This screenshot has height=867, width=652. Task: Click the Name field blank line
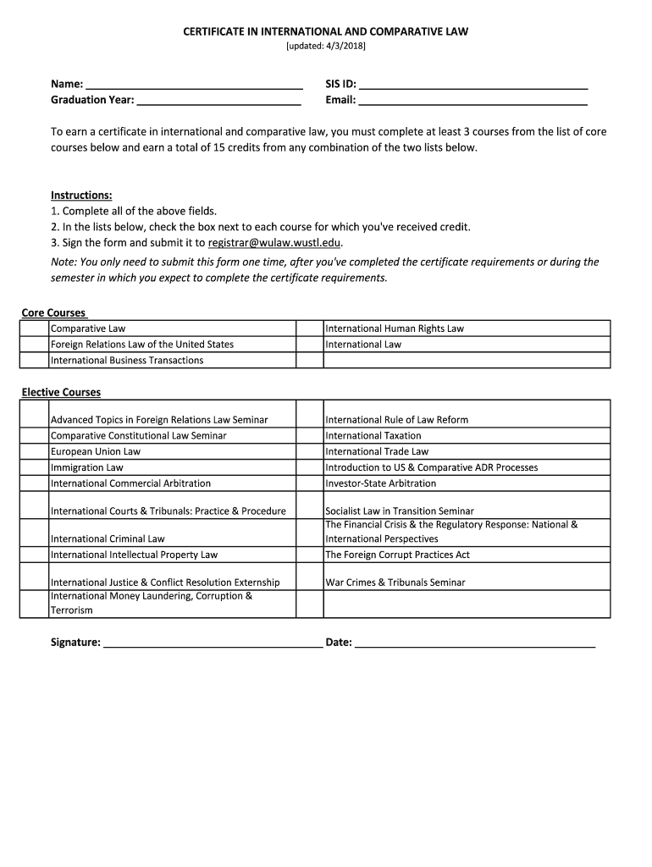(x=195, y=85)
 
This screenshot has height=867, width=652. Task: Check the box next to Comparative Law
(x=35, y=329)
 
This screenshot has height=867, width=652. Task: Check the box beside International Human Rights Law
(x=309, y=329)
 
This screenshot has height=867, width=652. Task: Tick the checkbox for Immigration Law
(x=35, y=467)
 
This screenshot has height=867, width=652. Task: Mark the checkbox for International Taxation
(x=309, y=436)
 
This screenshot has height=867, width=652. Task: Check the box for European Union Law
(x=35, y=452)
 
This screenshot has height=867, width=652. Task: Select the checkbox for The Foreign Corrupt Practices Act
(x=309, y=555)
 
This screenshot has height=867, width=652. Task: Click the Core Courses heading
(x=53, y=313)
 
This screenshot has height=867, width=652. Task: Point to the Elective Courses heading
(x=61, y=393)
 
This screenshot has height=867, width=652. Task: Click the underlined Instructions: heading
(x=81, y=196)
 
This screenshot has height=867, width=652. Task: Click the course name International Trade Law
(x=377, y=452)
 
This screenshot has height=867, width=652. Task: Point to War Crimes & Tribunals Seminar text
(x=395, y=583)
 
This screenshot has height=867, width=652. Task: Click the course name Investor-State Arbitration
(x=381, y=483)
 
